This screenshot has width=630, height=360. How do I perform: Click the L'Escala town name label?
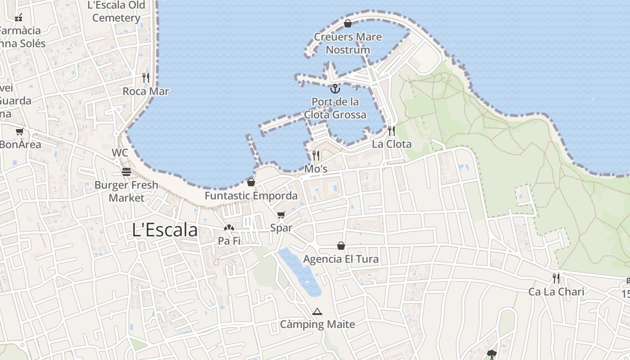point(165,230)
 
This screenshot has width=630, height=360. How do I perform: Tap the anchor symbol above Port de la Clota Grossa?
point(335,88)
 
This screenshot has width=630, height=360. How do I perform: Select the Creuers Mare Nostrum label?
point(348,43)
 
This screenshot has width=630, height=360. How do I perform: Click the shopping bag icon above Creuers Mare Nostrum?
point(347,23)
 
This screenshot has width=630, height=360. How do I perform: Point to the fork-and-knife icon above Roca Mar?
point(146,78)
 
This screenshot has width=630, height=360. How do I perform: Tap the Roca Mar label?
point(146,91)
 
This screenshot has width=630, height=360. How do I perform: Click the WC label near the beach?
point(120,153)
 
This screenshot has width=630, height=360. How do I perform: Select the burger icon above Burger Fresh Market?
point(126,172)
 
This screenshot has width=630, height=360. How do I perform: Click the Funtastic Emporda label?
point(251,196)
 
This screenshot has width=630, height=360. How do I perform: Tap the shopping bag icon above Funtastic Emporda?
point(251,182)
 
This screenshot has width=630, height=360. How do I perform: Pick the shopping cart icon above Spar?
point(281,215)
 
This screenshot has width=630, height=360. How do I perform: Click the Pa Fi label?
point(229,241)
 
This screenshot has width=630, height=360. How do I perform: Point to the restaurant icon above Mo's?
point(316,156)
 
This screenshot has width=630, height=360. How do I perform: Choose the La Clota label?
point(391,144)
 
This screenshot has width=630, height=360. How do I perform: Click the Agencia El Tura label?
point(341,259)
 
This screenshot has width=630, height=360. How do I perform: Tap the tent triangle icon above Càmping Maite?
point(317,311)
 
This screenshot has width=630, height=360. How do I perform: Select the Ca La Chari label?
point(556,292)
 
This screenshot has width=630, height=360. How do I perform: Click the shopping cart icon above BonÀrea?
point(19,132)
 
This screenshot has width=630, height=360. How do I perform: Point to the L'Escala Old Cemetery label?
point(117,12)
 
